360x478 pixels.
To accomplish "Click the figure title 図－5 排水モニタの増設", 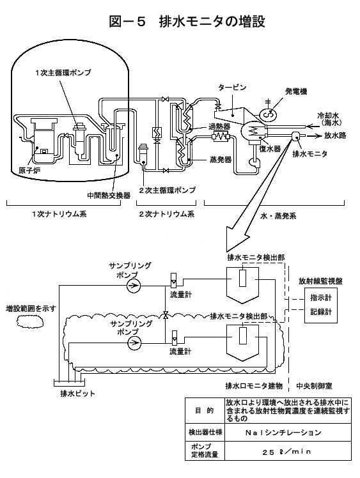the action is (x=187, y=22).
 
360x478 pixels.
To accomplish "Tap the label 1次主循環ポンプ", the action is (x=63, y=73).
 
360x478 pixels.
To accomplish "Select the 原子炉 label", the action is (x=29, y=171).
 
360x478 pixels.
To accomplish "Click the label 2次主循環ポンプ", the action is (x=167, y=190).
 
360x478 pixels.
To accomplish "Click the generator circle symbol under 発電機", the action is (x=268, y=114).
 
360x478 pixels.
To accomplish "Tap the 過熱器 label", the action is (x=219, y=126).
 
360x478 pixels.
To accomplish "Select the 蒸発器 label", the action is (x=221, y=160).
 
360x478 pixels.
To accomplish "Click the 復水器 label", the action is (x=270, y=148).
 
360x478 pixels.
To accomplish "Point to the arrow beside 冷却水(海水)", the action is (x=311, y=126).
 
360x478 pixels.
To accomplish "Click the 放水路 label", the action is (x=335, y=135).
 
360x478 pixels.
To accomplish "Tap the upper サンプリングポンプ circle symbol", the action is (x=134, y=286).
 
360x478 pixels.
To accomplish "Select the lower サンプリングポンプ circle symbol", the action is (x=134, y=343).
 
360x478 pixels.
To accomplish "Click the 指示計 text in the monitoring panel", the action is (x=321, y=298).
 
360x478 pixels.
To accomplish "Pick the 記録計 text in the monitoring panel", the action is (x=321, y=312).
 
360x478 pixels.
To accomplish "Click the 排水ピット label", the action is (x=78, y=394).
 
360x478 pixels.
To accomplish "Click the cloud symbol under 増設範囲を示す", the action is (x=30, y=321).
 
